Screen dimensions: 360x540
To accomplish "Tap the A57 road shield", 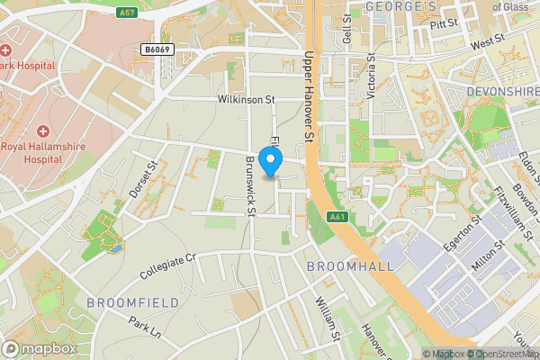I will pos(128,13).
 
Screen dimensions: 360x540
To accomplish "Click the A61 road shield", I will pos(337,217).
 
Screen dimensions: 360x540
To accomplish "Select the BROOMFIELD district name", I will pos(133,302).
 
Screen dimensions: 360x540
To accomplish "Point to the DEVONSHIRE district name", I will pos(502,92).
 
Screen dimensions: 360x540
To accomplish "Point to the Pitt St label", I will pos(444,24).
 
